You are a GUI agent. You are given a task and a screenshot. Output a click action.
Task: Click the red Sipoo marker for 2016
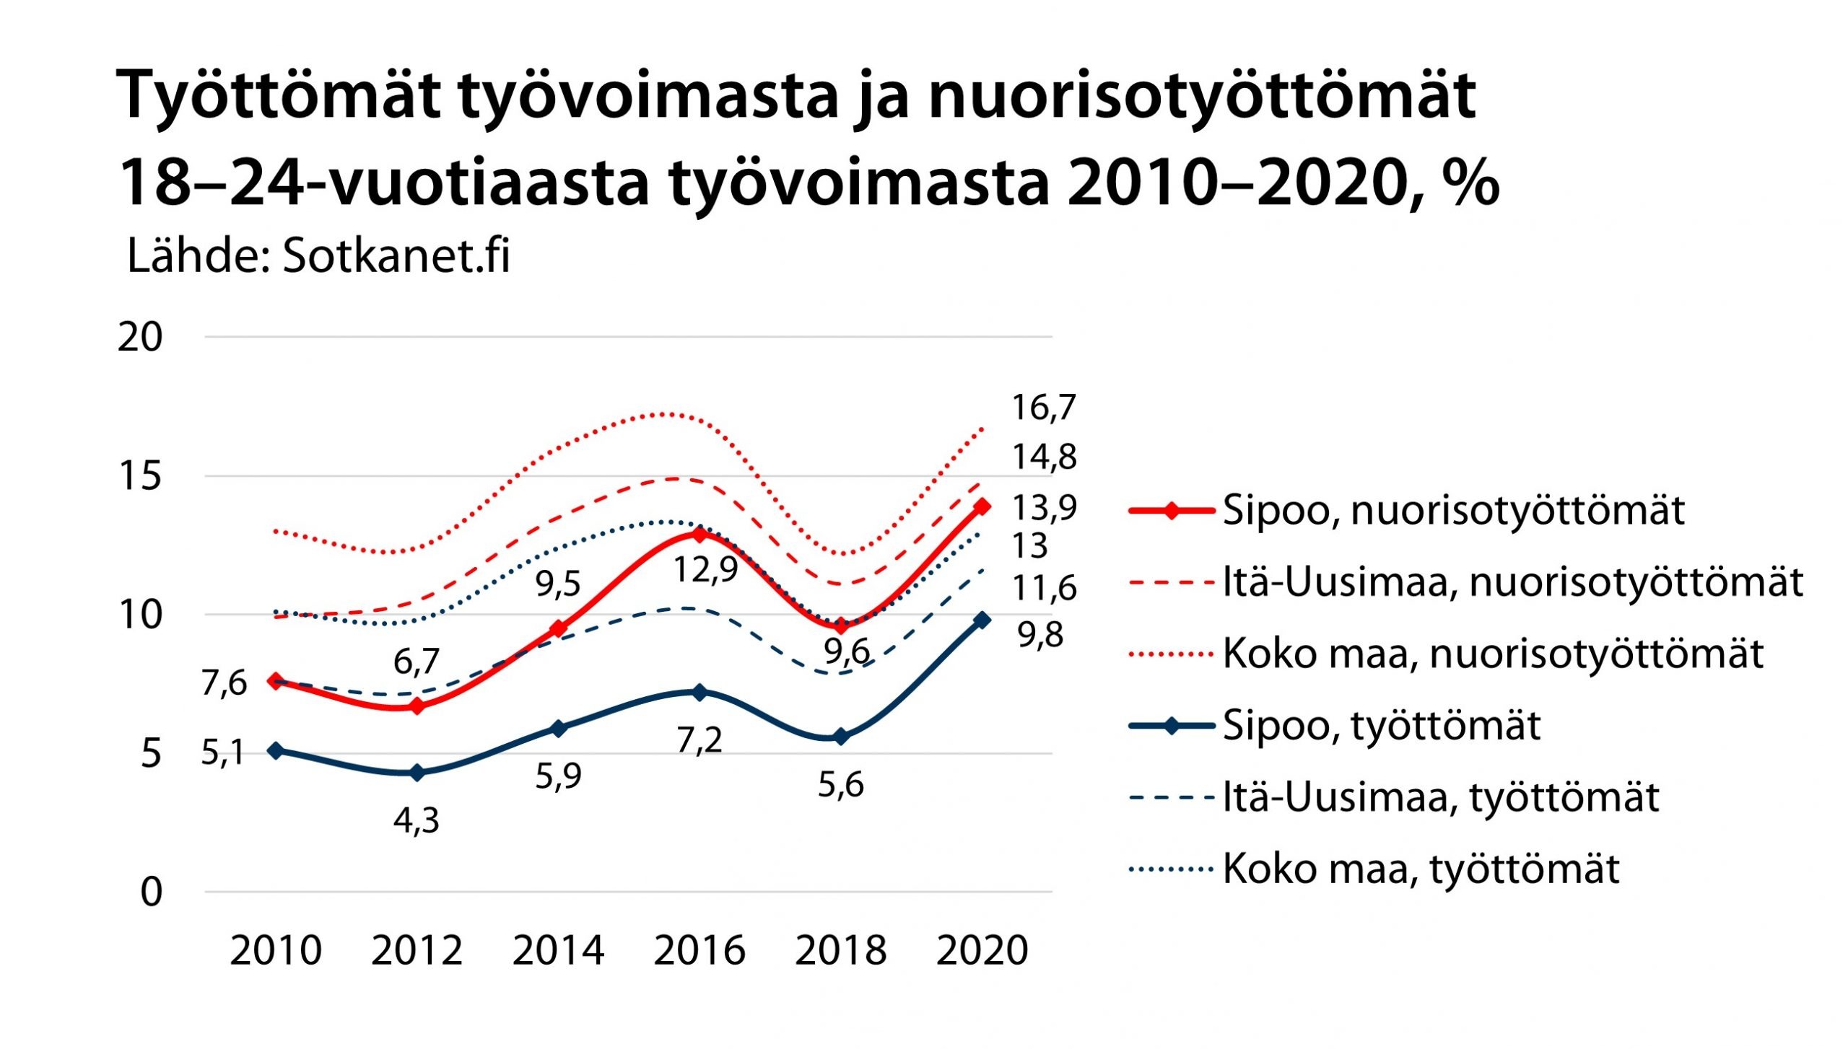pos(699,535)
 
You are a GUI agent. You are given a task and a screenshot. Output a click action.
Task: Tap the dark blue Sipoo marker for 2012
pos(417,773)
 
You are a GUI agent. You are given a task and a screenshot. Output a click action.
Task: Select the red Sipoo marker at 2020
pos(982,506)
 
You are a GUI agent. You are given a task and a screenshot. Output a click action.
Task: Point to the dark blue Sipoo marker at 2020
pos(982,620)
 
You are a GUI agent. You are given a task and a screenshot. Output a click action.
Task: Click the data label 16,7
pos(1043,408)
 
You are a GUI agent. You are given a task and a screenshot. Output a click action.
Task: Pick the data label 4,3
pos(417,820)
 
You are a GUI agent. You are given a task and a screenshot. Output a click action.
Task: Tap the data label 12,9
pos(705,570)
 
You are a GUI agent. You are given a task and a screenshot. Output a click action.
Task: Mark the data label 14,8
pos(1044,457)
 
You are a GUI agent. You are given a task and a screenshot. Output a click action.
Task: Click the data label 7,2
pos(699,740)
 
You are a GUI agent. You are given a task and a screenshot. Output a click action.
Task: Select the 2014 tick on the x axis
pos(558,950)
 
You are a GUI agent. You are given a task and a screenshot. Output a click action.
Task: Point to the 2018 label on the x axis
pos(840,950)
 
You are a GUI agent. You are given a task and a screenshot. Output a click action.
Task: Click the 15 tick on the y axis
pos(140,476)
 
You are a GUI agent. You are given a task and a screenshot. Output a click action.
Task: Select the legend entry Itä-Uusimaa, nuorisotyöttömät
pos(1512,583)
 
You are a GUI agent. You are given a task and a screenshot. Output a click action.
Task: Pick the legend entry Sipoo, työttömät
pos(1381,726)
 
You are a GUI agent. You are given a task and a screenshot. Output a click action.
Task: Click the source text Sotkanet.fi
pos(396,256)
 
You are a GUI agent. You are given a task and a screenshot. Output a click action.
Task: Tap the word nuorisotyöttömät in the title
pos(1202,96)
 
